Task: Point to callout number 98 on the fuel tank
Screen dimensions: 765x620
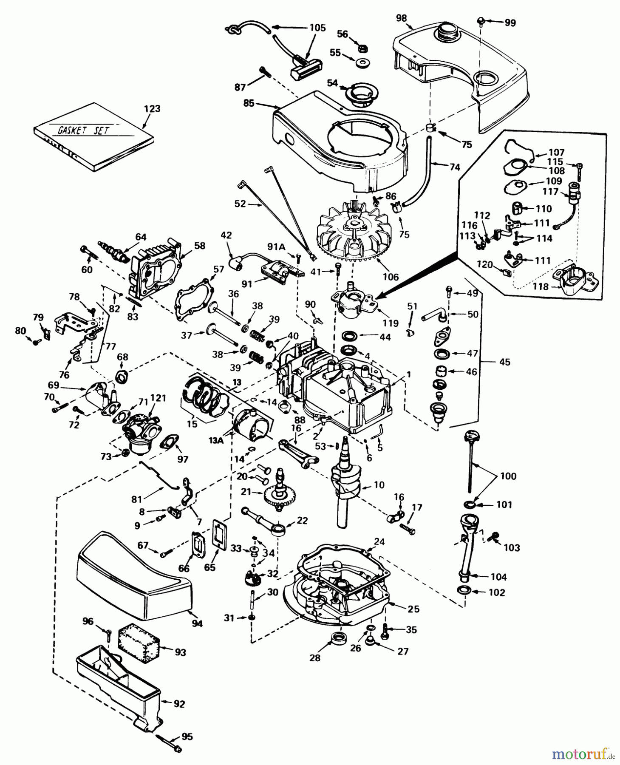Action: [401, 18]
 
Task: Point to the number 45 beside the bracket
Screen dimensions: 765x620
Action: [505, 362]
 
